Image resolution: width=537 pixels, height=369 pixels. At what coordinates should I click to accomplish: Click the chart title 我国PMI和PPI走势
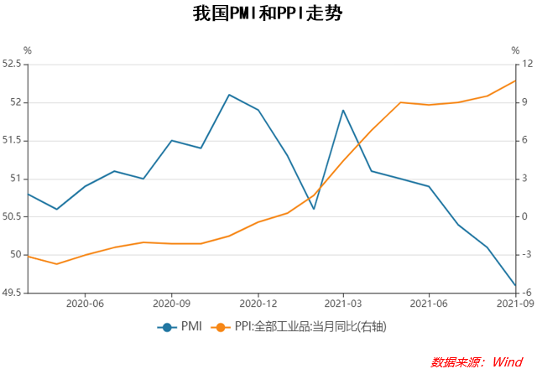click(x=268, y=14)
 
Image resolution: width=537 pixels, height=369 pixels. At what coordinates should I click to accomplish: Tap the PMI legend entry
click(x=181, y=326)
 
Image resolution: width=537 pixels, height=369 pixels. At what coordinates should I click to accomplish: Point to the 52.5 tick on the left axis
click(x=12, y=64)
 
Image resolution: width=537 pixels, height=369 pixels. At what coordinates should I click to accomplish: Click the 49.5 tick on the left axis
click(x=12, y=293)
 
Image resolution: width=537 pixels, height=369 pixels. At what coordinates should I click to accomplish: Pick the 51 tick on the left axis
click(x=15, y=179)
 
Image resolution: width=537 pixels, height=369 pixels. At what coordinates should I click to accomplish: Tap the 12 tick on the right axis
click(x=527, y=64)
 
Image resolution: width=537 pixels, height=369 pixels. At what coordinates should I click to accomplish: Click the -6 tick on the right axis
click(x=526, y=293)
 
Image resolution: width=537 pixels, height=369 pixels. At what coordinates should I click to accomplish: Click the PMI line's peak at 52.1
click(x=229, y=95)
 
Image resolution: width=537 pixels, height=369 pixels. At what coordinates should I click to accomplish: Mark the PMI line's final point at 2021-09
click(x=514, y=285)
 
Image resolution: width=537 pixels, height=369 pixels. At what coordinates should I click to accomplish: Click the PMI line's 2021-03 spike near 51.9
click(x=343, y=110)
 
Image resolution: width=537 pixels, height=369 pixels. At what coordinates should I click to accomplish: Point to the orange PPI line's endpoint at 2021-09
click(x=514, y=81)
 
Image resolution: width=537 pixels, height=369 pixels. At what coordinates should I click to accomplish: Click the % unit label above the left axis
click(x=27, y=50)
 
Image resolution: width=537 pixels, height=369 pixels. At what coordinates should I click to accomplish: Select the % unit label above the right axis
click(x=515, y=50)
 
